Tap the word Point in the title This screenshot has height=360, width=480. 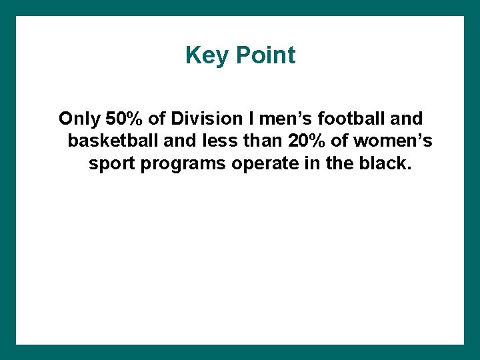coord(265,55)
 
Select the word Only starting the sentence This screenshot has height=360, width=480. coord(78,119)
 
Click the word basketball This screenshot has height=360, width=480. coord(109,141)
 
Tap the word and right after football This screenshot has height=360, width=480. coord(407,119)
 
